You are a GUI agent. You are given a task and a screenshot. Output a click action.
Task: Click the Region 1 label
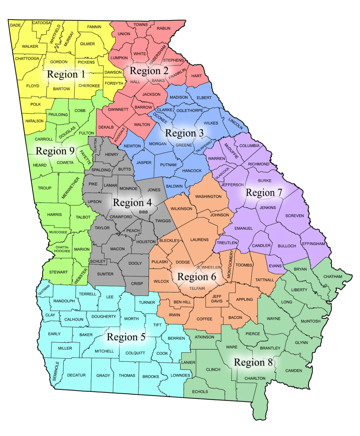coord(66,75)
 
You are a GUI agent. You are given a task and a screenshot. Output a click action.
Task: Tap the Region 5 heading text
coord(126,337)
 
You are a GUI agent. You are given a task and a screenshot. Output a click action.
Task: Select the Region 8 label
coord(253,363)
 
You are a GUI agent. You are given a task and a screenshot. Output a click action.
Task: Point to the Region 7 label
coord(264,193)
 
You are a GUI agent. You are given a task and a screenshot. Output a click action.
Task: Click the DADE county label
coord(15,25)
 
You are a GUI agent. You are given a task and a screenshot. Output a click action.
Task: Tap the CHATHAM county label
coord(333,277)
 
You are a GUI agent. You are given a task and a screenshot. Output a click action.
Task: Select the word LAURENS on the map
coord(199,239)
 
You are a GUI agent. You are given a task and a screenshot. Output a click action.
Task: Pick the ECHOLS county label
coord(200,391)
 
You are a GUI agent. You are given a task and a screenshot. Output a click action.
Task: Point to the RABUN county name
coord(163,28)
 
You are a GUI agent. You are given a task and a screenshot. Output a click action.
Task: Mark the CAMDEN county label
coord(294,370)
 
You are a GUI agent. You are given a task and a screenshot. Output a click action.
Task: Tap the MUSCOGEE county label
coord(58,232)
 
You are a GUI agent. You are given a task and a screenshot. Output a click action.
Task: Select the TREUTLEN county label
coord(227,243)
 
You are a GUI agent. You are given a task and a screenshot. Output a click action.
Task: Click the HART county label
coord(197,76)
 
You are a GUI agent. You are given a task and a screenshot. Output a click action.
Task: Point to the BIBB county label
coord(143,212)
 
